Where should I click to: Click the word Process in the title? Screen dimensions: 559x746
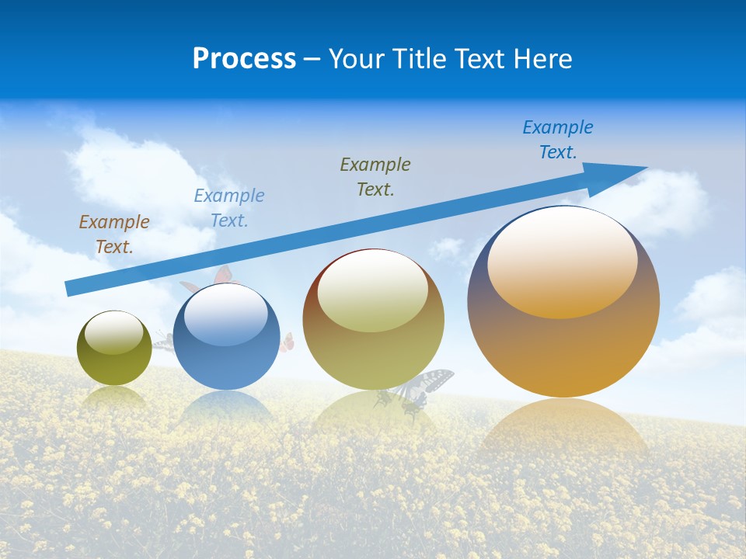(244, 58)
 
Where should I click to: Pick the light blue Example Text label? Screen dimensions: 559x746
(229, 208)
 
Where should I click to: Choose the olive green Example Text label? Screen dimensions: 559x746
(375, 176)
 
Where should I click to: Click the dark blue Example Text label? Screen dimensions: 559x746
(558, 139)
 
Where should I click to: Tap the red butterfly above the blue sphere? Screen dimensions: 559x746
(221, 275)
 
